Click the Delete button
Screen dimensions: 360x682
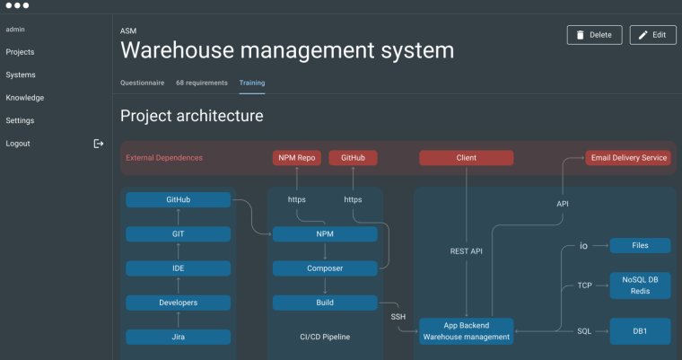pyautogui.click(x=594, y=35)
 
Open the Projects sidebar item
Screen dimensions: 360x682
pyautogui.click(x=20, y=52)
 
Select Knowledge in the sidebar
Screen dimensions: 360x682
pyautogui.click(x=24, y=98)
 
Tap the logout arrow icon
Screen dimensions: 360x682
pyautogui.click(x=99, y=144)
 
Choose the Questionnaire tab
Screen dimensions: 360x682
pyautogui.click(x=142, y=83)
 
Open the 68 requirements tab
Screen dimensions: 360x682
pyautogui.click(x=201, y=83)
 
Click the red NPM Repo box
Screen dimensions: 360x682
pyautogui.click(x=296, y=158)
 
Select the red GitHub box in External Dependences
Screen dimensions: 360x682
pyautogui.click(x=353, y=158)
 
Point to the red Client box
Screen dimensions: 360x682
pyautogui.click(x=466, y=158)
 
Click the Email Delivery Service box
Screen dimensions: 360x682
pyautogui.click(x=628, y=158)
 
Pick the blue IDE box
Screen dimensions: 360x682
pyautogui.click(x=178, y=268)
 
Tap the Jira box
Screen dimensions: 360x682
pyautogui.click(x=178, y=337)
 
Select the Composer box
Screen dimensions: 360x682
pyautogui.click(x=325, y=268)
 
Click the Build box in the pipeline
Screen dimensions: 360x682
pyautogui.click(x=325, y=303)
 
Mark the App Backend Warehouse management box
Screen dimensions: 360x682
pyautogui.click(x=466, y=330)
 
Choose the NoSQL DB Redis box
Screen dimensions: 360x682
pyautogui.click(x=640, y=285)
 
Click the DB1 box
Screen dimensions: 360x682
pyautogui.click(x=640, y=330)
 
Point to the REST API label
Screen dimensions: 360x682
pyautogui.click(x=466, y=251)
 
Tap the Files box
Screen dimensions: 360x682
pyautogui.click(x=640, y=245)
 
